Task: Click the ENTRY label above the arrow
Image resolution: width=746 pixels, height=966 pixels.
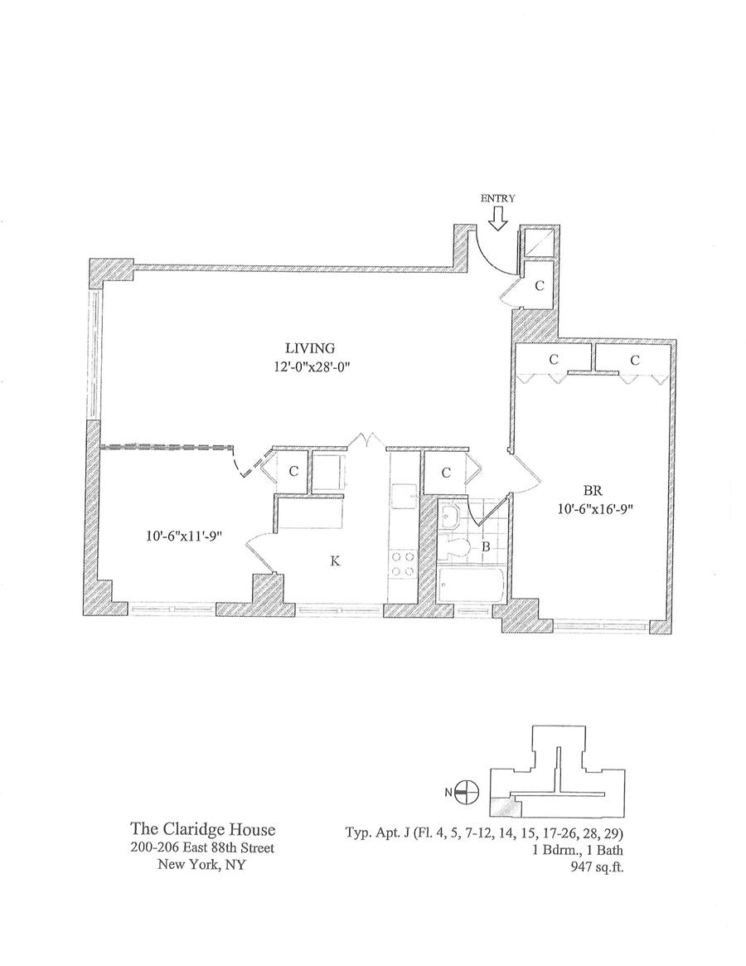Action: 497,198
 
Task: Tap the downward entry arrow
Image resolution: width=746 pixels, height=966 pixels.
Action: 497,218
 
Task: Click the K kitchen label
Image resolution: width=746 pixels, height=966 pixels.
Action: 335,561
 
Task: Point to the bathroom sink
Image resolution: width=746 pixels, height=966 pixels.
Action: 451,517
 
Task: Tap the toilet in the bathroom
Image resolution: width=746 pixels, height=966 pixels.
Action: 455,548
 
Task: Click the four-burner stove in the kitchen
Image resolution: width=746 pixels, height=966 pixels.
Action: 402,564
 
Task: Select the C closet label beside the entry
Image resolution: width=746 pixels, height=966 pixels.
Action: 539,287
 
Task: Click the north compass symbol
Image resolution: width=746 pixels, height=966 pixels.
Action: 468,792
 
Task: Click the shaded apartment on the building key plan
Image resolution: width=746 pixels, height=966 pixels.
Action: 499,807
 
